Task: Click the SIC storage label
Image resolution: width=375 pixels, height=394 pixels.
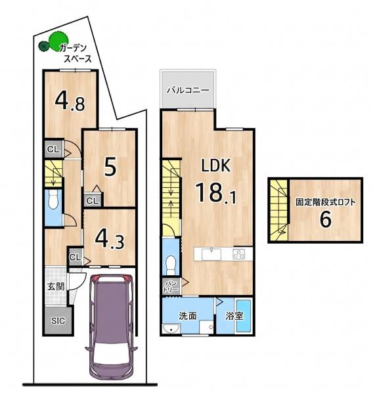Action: pyautogui.click(x=58, y=321)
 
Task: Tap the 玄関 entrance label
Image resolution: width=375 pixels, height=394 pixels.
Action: pyautogui.click(x=56, y=286)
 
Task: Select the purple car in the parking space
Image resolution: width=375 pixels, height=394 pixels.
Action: pyautogui.click(x=112, y=324)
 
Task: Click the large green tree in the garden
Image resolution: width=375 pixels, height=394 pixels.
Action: pyautogui.click(x=58, y=41)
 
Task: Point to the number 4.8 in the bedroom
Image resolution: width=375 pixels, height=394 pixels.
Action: pyautogui.click(x=70, y=101)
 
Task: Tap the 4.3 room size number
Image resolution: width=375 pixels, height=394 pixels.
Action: pyautogui.click(x=110, y=240)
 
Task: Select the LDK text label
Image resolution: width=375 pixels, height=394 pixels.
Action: pyautogui.click(x=216, y=165)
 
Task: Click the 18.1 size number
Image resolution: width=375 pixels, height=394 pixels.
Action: pyautogui.click(x=216, y=192)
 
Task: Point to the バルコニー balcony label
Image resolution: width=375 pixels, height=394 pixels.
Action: pyautogui.click(x=188, y=90)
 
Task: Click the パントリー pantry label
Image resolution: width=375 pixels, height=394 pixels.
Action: pyautogui.click(x=171, y=286)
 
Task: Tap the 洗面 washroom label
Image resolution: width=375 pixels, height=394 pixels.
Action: pyautogui.click(x=188, y=316)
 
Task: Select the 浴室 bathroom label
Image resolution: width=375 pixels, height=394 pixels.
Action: pyautogui.click(x=234, y=316)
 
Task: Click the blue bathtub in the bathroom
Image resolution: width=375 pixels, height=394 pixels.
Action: pyautogui.click(x=244, y=316)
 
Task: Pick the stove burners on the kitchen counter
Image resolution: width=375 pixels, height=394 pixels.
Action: pyautogui.click(x=239, y=254)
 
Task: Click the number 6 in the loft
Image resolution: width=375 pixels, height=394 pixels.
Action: pyautogui.click(x=326, y=219)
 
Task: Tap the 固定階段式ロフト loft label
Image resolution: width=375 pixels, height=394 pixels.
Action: pyautogui.click(x=326, y=202)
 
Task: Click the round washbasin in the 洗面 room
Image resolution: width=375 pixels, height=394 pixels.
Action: pyautogui.click(x=171, y=328)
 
